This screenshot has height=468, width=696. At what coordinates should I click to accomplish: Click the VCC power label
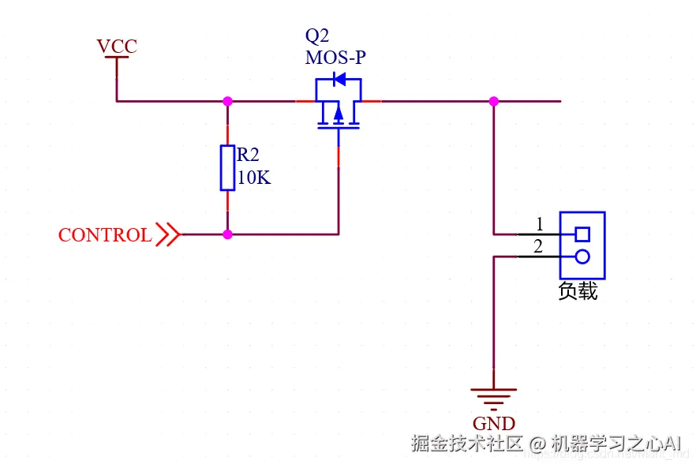(x=117, y=47)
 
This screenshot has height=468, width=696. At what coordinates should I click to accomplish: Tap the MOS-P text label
(x=335, y=58)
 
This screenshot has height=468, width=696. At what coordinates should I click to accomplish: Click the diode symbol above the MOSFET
(x=339, y=79)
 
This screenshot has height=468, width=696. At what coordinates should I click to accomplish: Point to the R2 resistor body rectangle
(x=227, y=167)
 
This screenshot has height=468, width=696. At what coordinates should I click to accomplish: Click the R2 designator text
(x=248, y=154)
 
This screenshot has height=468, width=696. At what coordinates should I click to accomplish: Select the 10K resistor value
(x=253, y=178)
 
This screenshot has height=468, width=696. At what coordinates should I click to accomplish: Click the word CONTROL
(x=105, y=235)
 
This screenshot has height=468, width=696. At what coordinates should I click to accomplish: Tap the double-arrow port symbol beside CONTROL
(x=167, y=234)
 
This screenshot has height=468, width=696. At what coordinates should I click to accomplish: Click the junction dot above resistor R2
(x=227, y=101)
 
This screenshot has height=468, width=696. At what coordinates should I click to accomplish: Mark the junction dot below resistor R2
(x=227, y=234)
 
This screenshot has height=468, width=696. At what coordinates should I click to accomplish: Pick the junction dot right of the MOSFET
(x=493, y=101)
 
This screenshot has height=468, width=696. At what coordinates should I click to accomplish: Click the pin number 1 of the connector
(x=540, y=223)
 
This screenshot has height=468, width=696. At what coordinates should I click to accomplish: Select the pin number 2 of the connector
(x=538, y=247)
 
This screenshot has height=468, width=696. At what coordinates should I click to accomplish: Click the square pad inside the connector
(x=582, y=234)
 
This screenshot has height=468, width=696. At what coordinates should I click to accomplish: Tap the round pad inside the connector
(x=582, y=256)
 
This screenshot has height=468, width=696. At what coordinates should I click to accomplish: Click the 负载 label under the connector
(x=578, y=291)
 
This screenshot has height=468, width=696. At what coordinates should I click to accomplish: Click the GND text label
(x=494, y=424)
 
